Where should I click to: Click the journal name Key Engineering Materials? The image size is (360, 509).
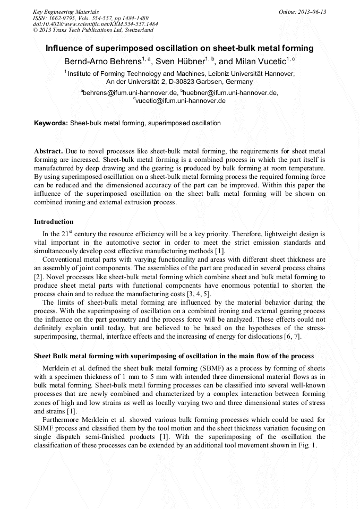[x=66, y=11]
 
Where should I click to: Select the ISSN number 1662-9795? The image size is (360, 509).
[x=63, y=18]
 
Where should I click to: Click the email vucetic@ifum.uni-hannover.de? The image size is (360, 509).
[x=181, y=100]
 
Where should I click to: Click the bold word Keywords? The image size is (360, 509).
[x=51, y=123]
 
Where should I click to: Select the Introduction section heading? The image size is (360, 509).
[x=54, y=221]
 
